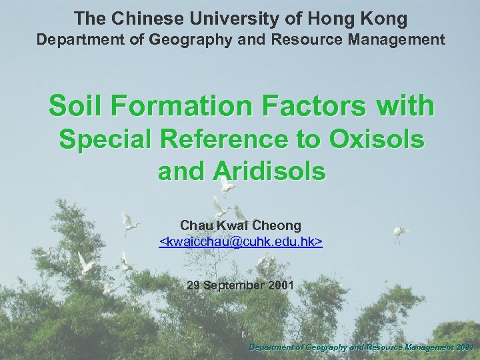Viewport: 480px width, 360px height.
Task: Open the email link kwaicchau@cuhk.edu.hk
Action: coord(241,241)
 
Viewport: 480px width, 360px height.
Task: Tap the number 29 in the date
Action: coord(194,285)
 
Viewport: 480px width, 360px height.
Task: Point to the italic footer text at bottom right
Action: coord(361,347)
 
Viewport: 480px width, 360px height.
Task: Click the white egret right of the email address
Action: coord(401,231)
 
